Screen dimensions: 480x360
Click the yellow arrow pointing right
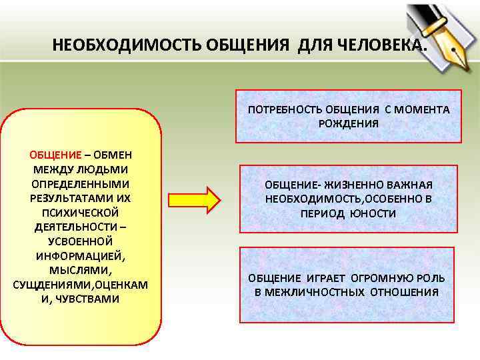[x=194, y=199]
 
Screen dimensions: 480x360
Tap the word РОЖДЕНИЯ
[x=347, y=123]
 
